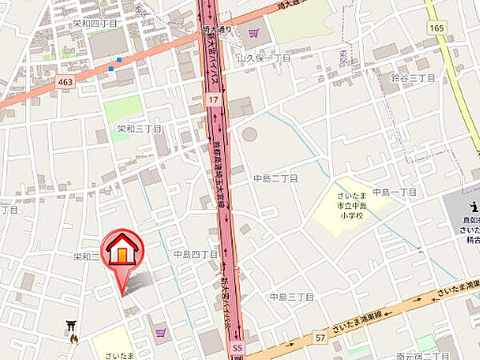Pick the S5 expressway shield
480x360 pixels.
(x=237, y=349)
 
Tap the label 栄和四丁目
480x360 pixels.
(x=94, y=24)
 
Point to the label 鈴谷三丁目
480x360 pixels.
(x=413, y=78)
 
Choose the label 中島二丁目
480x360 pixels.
(x=275, y=178)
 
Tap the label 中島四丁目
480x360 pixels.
(x=196, y=254)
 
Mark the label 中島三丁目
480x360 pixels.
(x=291, y=297)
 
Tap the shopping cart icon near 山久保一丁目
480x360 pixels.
(x=254, y=33)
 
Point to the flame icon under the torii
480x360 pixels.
(x=74, y=338)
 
